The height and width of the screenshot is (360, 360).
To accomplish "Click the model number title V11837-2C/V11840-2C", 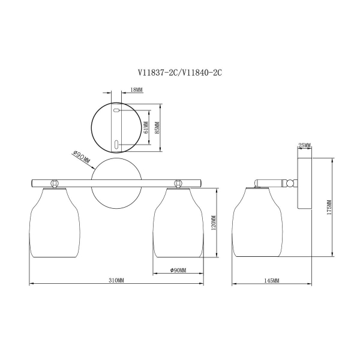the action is tap(180, 73).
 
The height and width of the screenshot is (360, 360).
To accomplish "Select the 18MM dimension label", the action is tap(136, 90).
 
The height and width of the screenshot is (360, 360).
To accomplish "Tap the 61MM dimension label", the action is tap(146, 127).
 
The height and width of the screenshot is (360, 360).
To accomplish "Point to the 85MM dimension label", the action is tap(157, 127).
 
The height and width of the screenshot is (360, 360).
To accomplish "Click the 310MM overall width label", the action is tap(116, 280).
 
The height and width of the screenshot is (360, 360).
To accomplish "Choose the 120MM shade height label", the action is tap(214, 223).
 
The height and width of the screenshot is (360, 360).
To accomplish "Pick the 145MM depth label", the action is tap(272, 280).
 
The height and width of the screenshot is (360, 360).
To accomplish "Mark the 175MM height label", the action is tap(329, 208).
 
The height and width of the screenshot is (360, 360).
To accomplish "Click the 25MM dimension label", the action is tap(304, 145).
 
